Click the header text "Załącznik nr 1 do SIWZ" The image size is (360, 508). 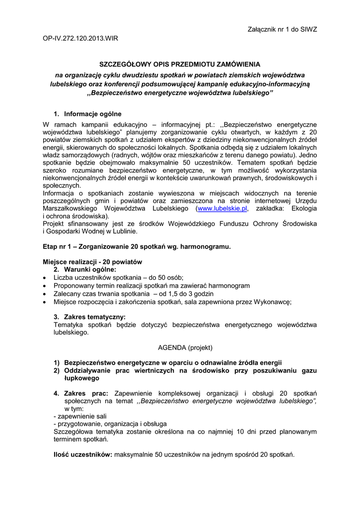pos(282,29)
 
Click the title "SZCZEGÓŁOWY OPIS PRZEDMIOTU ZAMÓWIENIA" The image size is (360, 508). pos(180,64)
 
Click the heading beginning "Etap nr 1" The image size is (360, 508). pos(137,246)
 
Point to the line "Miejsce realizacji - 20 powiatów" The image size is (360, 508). pos(93,262)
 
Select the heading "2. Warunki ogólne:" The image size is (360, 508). pos(85,269)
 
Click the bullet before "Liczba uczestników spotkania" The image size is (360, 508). pos(46,278)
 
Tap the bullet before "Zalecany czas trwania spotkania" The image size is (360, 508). pos(46,294)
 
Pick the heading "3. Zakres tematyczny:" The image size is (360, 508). pos(89,317)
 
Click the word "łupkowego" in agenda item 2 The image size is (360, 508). pos(81,378)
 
